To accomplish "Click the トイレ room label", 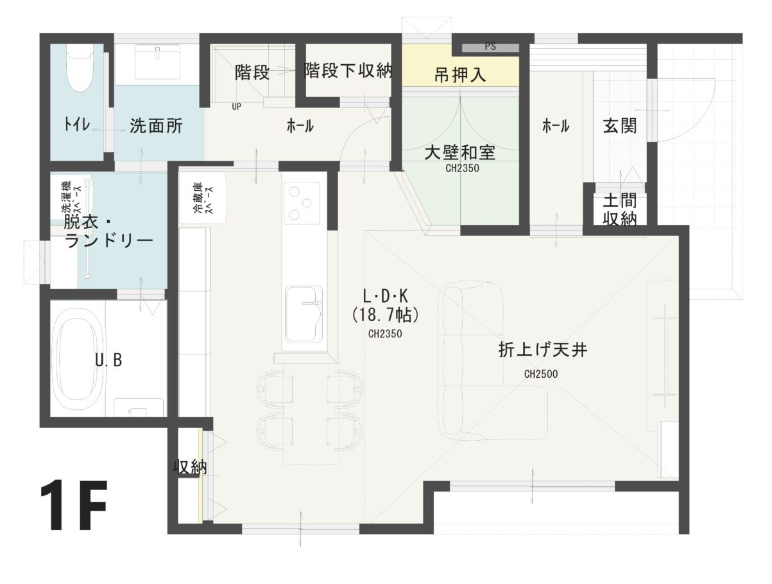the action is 76,124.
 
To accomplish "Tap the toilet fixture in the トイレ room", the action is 80,68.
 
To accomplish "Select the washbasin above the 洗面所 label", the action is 158,64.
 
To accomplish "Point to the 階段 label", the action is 252,72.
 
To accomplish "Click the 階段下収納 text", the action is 348,70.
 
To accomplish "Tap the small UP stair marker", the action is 236,107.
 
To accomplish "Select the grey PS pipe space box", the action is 490,47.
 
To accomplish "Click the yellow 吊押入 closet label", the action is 460,75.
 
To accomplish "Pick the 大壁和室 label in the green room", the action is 460,152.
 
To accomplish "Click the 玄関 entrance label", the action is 620,126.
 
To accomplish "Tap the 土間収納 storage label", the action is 620,210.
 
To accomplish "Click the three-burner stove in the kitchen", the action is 302,203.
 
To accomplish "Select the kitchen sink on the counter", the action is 304,314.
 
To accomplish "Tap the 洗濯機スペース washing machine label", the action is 71,198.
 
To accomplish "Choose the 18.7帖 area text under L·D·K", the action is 385,315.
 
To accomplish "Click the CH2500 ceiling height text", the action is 541,374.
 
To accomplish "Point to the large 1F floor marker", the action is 74,506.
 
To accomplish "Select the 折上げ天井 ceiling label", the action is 543,350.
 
